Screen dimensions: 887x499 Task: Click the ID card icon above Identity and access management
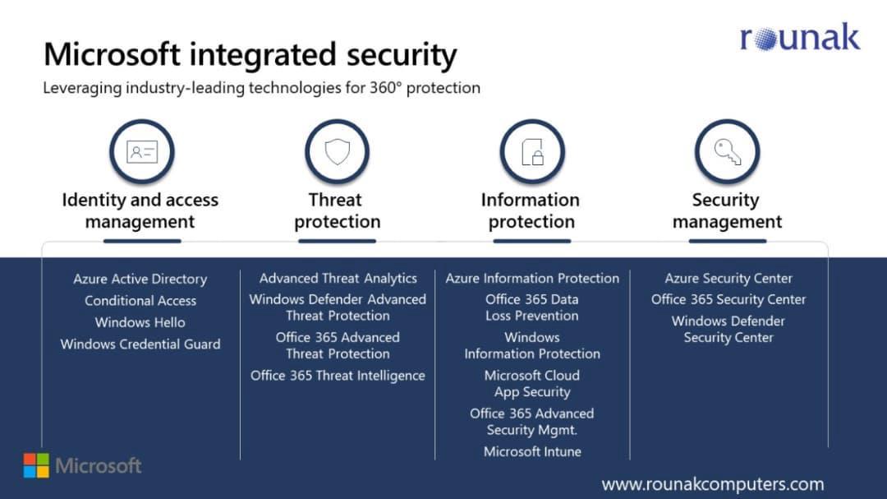[x=142, y=152]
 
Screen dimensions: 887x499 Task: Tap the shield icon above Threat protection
[x=338, y=152]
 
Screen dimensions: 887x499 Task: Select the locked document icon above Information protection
[x=532, y=152]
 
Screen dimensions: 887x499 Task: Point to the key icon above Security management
[x=728, y=152]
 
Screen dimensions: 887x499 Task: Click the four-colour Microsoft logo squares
[x=36, y=465]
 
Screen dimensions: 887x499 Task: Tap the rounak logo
[x=800, y=37]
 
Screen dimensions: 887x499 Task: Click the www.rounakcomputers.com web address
[x=713, y=484]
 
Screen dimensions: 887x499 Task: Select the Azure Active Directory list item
[x=140, y=280]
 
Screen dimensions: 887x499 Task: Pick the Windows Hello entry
[x=140, y=322]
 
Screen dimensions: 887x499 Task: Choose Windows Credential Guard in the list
[x=140, y=344]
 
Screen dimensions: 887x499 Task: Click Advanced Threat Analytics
[x=338, y=278]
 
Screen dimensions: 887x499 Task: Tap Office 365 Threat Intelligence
[x=338, y=376]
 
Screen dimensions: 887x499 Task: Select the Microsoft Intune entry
[x=532, y=451]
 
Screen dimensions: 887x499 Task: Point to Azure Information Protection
[x=532, y=278]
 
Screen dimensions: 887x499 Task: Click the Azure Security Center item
[x=728, y=278]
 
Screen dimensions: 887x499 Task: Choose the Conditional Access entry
[x=140, y=301]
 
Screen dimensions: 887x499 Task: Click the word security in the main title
[x=402, y=55]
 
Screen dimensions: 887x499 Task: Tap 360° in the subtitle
[x=385, y=88]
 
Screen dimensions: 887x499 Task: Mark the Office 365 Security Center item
[x=728, y=299]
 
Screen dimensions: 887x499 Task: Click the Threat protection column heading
[x=338, y=210]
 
